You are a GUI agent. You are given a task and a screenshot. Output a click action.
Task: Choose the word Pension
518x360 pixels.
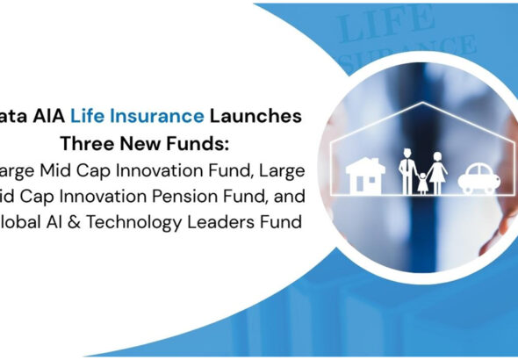159,196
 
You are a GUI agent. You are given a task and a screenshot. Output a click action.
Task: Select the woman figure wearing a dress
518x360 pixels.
438,171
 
